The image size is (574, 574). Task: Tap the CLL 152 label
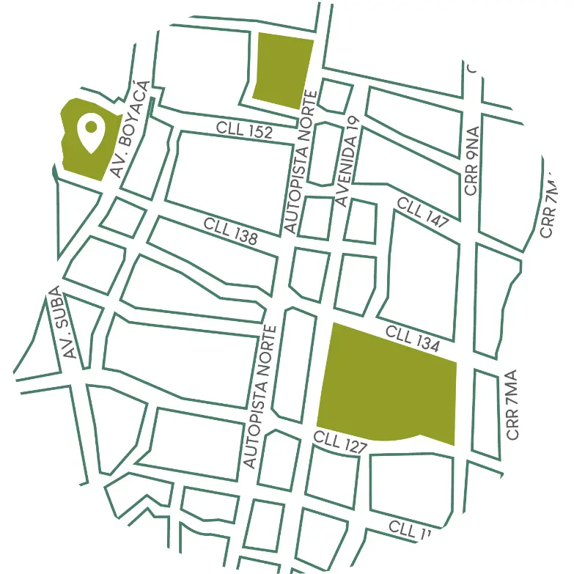coord(244,130)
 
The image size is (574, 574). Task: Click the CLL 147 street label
coord(423,212)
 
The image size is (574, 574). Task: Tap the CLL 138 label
coord(231,230)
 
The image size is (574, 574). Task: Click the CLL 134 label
coord(412,338)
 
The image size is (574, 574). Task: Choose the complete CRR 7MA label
coord(512,405)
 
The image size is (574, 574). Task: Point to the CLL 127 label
coord(339,442)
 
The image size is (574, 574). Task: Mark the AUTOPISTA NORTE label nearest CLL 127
coord(260,396)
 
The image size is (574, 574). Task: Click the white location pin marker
coord(91,133)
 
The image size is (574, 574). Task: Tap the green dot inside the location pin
coord(91,126)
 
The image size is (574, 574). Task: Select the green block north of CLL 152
coord(284,70)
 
